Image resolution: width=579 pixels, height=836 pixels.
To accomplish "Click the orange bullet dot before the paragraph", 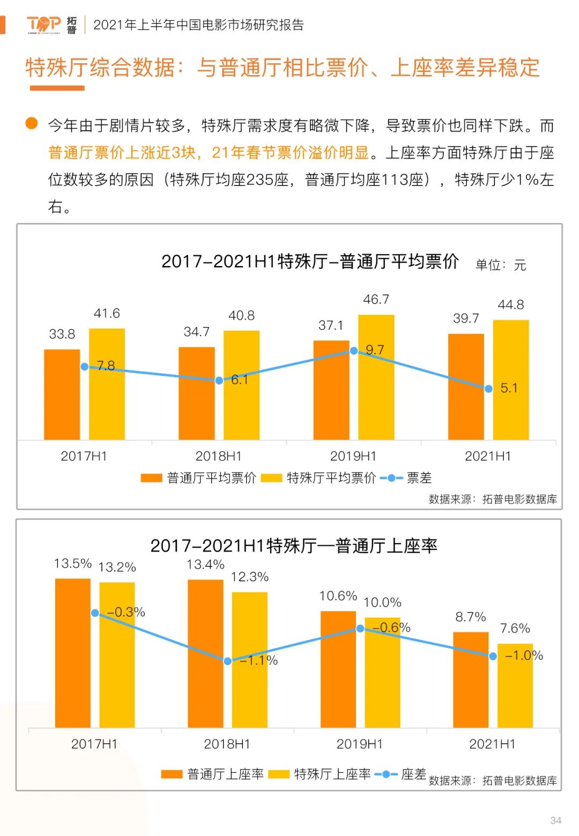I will [32, 123].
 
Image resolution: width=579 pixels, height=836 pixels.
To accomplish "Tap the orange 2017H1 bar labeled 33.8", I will [62, 394].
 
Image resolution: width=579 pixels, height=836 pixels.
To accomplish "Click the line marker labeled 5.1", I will [488, 389].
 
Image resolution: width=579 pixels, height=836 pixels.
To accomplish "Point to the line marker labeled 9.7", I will [354, 351].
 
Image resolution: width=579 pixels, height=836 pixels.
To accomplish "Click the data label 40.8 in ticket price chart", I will [241, 315].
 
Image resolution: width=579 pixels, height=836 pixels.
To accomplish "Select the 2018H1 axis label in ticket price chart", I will [218, 456].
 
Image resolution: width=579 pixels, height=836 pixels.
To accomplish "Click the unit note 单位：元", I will [501, 265].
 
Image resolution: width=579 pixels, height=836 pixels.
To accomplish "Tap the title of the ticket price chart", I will [310, 261].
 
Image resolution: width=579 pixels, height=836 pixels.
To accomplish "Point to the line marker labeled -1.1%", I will [228, 661].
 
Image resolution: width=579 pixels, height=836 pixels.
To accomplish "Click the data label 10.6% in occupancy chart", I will [338, 596].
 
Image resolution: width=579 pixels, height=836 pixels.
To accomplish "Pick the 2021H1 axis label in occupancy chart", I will [492, 744].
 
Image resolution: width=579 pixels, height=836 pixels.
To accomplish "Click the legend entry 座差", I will [401, 774].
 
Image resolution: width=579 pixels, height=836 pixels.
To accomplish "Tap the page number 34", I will [555, 820].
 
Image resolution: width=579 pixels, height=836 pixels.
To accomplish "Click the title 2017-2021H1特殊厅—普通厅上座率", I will [294, 546].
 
